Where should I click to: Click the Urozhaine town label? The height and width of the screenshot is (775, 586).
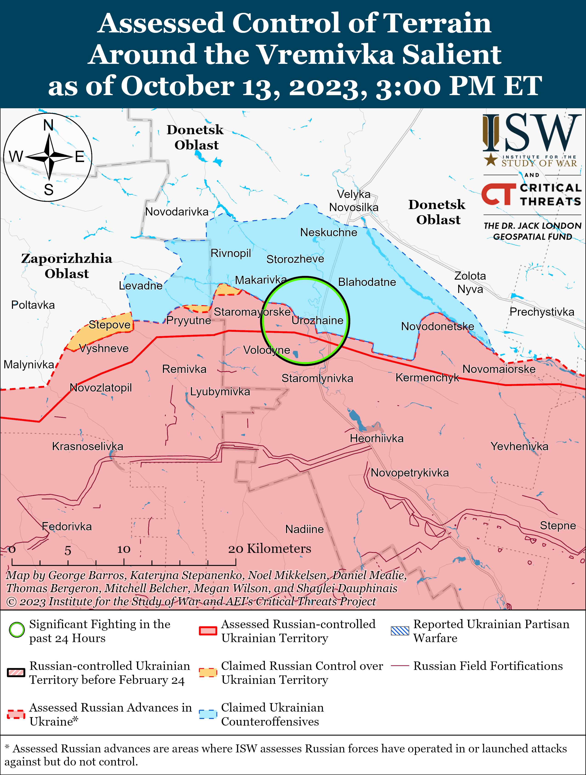coord(317,320)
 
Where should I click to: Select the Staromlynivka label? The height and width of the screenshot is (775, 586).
coord(317,378)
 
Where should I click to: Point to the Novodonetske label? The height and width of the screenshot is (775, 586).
coord(437,326)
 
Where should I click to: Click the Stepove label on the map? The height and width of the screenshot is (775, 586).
coord(109,325)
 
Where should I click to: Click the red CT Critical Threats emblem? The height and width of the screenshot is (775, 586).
coord(498,194)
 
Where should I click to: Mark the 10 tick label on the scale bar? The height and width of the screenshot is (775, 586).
coord(124,549)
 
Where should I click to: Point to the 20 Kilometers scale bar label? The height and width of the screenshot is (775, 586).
coord(270,549)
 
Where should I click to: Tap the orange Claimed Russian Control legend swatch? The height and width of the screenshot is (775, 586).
coord(208,672)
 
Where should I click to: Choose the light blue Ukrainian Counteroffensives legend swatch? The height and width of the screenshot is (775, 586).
coord(208,714)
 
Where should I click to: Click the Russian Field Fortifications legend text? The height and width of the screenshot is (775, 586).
coord(488,666)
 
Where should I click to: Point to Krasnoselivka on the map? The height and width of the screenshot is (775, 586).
coord(88,446)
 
